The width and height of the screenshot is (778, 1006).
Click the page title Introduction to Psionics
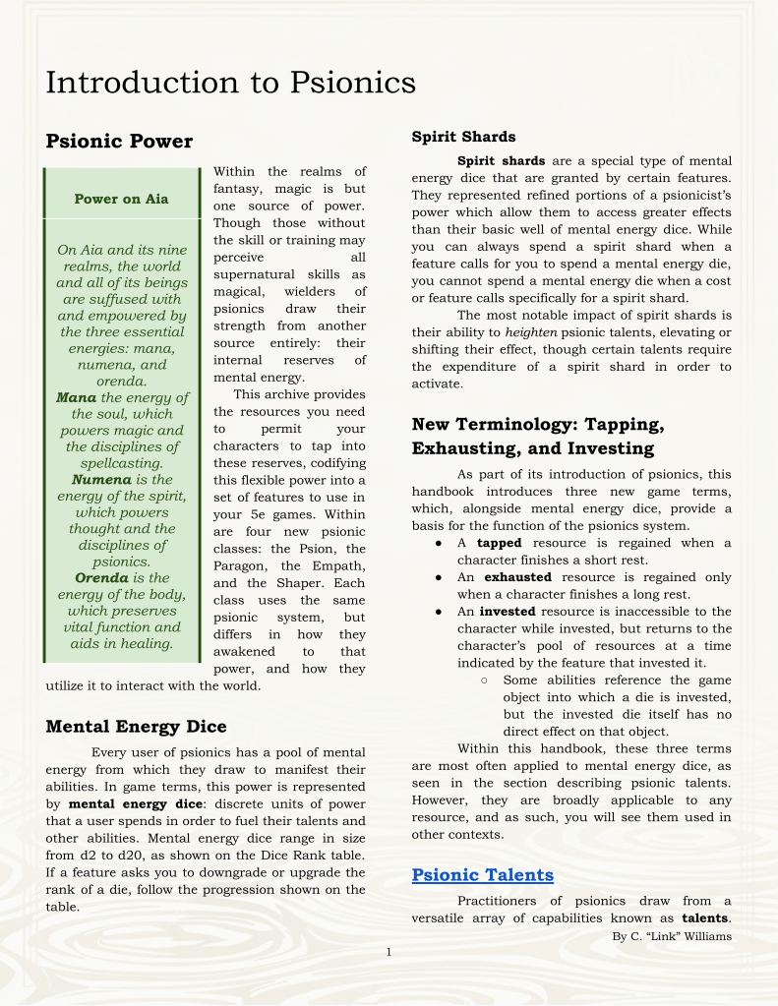click(230, 82)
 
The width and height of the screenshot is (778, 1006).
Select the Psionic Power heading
click(119, 142)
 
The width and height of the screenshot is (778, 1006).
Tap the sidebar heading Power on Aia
click(121, 199)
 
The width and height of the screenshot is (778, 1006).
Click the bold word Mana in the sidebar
click(76, 397)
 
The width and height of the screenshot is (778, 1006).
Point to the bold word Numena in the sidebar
click(101, 480)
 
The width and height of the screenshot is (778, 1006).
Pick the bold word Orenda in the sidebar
click(102, 578)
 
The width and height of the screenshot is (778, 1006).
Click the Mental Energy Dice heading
click(136, 727)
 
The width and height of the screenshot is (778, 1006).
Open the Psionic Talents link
click(483, 875)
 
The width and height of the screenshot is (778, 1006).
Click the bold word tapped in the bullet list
click(499, 543)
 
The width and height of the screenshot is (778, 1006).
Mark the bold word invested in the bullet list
click(507, 612)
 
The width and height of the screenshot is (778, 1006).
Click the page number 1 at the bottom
click(389, 951)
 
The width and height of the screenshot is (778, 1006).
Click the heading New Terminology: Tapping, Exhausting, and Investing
click(538, 437)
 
